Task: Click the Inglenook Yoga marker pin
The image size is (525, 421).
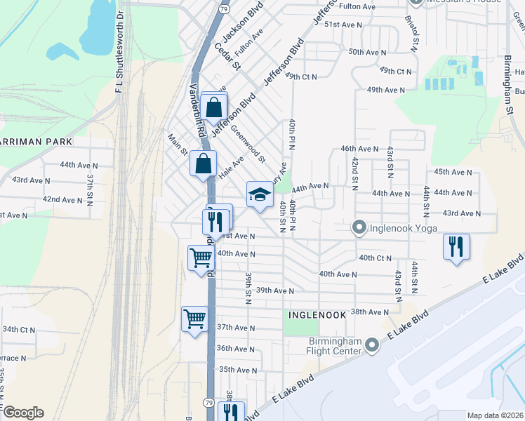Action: [359, 227]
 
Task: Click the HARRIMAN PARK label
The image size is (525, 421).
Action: [36, 142]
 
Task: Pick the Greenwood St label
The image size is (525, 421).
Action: [248, 144]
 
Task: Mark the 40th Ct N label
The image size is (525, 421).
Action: [375, 258]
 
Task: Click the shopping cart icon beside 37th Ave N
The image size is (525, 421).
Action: [194, 319]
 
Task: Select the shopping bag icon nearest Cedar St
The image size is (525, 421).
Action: [214, 107]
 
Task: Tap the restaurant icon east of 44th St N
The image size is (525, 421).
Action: [456, 246]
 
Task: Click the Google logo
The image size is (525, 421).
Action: [22, 413]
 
